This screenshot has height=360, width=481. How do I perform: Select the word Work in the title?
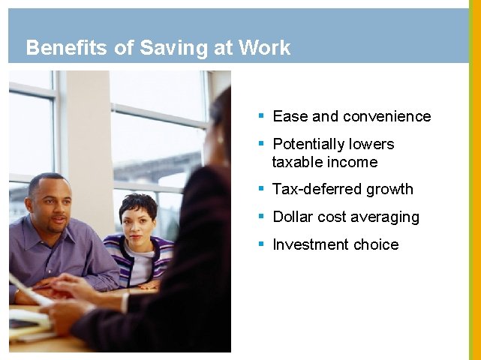point(263,48)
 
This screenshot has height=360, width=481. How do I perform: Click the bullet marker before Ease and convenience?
point(261,115)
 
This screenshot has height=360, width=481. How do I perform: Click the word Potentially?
point(311,144)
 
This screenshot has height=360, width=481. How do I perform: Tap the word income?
point(353,162)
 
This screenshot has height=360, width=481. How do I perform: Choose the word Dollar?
point(293,217)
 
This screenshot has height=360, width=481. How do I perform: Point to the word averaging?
point(383,217)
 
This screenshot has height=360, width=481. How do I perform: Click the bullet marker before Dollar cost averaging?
point(261,216)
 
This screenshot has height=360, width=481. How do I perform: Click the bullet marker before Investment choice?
point(261,244)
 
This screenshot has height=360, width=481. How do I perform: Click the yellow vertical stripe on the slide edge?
point(474,180)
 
